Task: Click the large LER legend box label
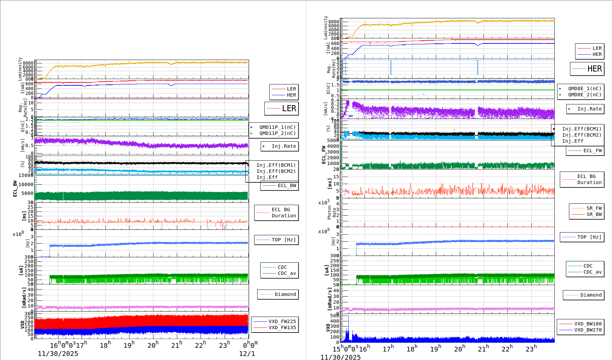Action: [x=289, y=108]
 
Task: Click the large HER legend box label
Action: [x=594, y=69]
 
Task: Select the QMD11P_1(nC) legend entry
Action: [x=277, y=127]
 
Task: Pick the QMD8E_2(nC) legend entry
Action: [x=585, y=95]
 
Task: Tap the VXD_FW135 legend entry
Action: [x=282, y=327]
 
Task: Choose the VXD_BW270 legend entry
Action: [x=588, y=330]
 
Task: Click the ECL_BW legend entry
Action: [x=287, y=185]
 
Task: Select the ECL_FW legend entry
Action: [x=592, y=151]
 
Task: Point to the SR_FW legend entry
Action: [x=594, y=208]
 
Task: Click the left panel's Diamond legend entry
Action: [x=285, y=294]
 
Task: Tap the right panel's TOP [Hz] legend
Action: [x=589, y=237]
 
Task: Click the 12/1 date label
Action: [x=247, y=354]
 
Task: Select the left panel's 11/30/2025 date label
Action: [x=58, y=354]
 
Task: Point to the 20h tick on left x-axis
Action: [x=153, y=345]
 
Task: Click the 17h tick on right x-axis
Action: [x=388, y=349]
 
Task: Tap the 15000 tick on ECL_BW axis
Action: [x=26, y=175]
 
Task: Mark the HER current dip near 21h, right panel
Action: [x=478, y=45]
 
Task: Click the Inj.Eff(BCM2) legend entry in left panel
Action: [x=276, y=171]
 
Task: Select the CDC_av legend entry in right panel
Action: [x=592, y=272]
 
